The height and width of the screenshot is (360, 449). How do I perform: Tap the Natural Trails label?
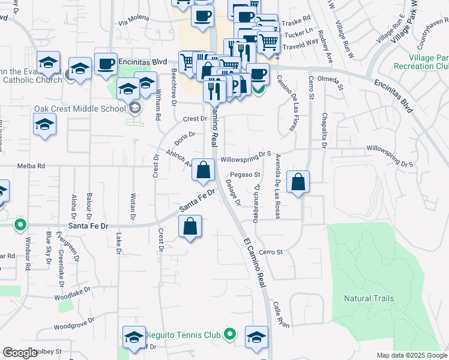[x=369, y=298]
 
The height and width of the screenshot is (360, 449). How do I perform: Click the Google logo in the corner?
[x=20, y=353]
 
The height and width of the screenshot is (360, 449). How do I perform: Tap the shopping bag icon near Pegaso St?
[x=203, y=170]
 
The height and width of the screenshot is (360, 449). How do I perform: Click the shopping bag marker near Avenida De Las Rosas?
[x=298, y=182]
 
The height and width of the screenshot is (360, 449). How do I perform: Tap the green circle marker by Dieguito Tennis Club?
[x=229, y=334]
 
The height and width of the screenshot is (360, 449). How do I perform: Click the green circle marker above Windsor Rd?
[x=20, y=226]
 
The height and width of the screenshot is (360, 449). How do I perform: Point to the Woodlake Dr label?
[x=72, y=293]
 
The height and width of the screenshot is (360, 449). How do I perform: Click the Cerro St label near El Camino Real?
[x=271, y=253]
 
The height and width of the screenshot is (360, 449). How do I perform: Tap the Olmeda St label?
[x=332, y=82]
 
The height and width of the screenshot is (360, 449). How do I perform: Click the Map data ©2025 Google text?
[x=411, y=355]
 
